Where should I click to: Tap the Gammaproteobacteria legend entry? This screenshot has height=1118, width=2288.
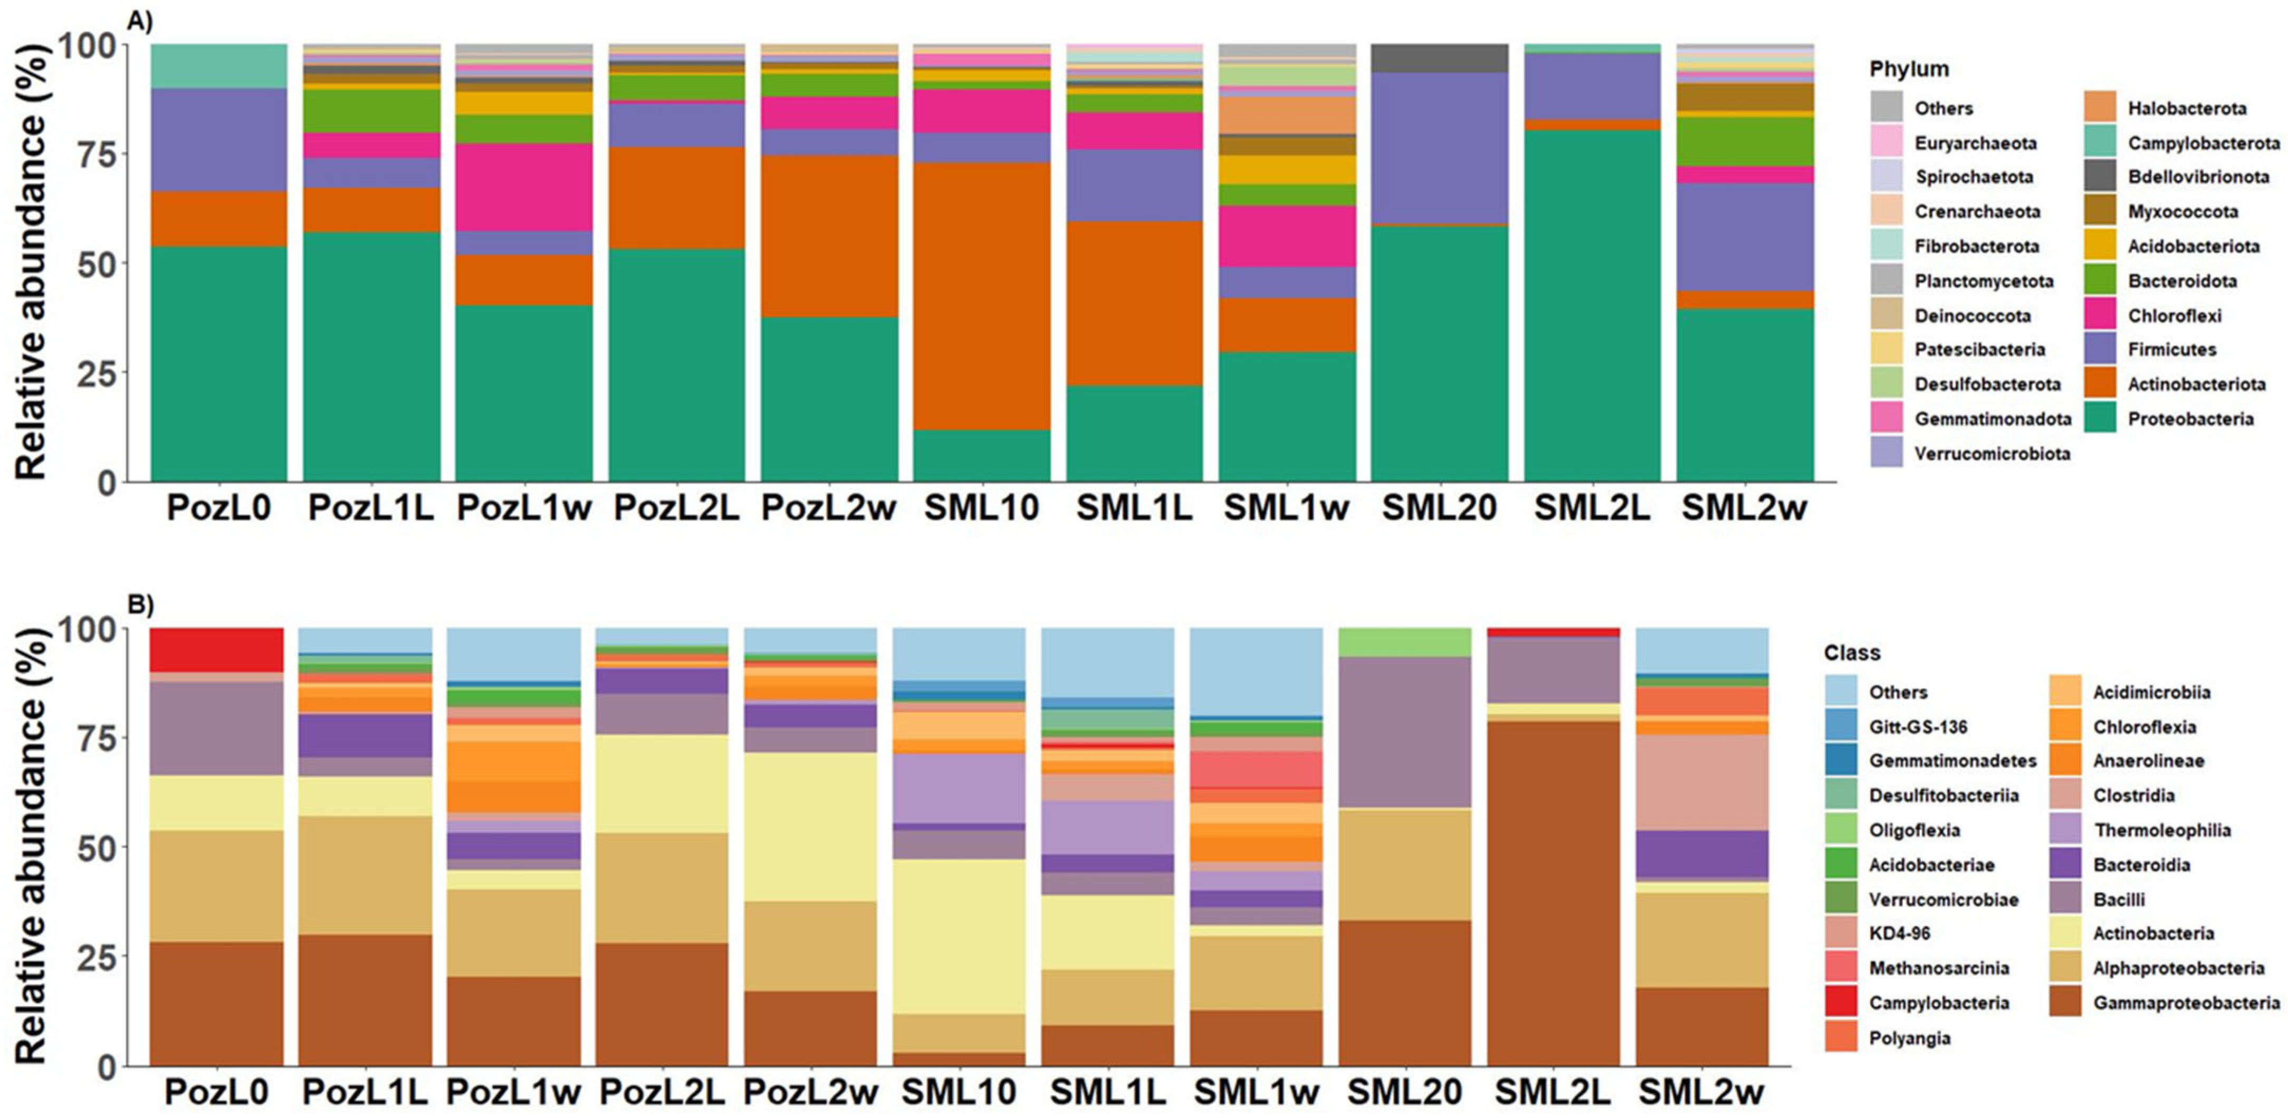(x=2185, y=1003)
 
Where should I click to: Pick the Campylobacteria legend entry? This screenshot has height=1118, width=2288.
(x=1938, y=1003)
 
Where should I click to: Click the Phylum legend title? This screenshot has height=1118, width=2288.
(x=1909, y=69)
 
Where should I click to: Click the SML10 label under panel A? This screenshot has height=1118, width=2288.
(x=981, y=508)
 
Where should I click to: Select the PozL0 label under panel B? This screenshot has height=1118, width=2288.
(x=217, y=1091)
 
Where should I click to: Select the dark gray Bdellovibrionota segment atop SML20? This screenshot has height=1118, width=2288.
(x=1439, y=57)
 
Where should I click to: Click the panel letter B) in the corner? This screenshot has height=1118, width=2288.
(x=139, y=605)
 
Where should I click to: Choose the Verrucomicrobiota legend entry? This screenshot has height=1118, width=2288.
(x=1992, y=454)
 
